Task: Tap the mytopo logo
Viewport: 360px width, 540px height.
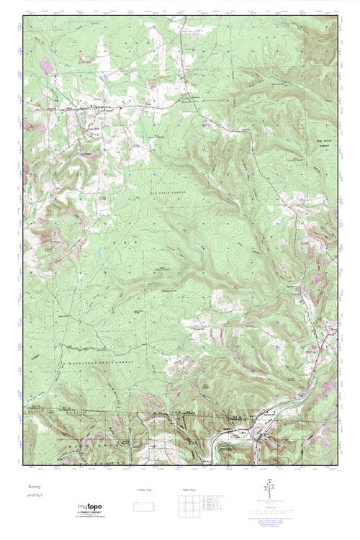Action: click(x=93, y=508)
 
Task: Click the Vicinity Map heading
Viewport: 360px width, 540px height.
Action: click(x=145, y=489)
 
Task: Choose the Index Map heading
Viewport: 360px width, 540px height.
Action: click(x=189, y=489)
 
